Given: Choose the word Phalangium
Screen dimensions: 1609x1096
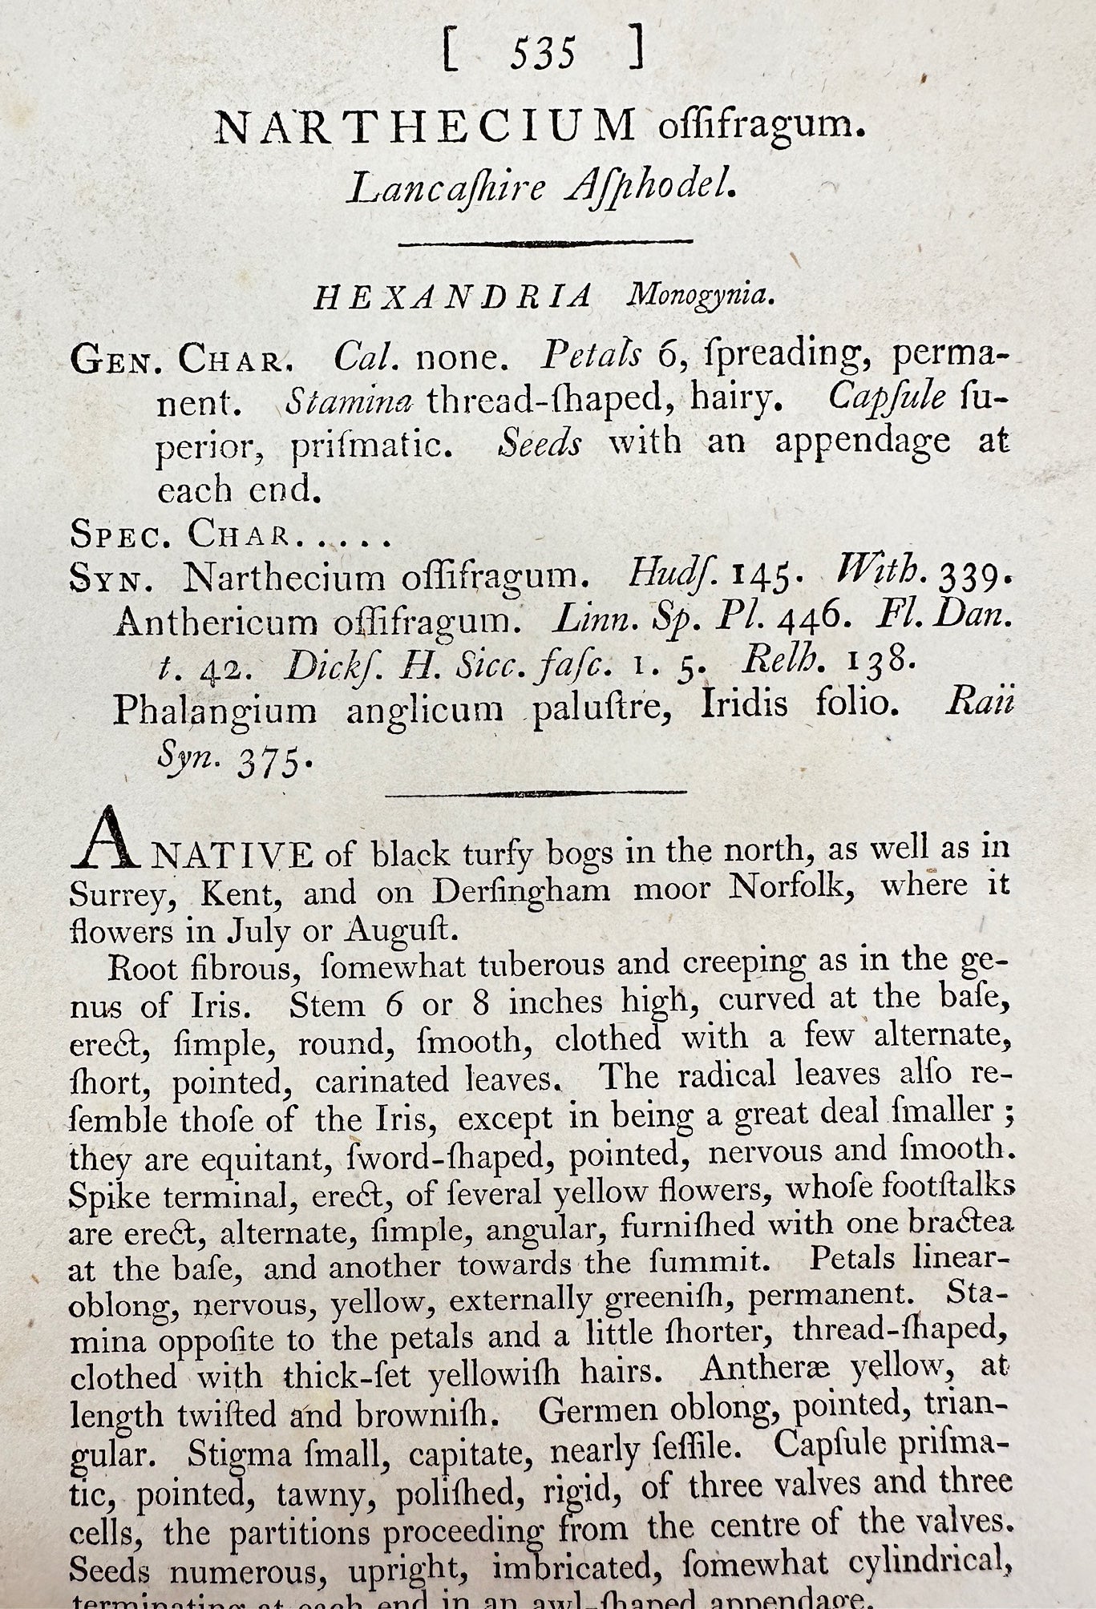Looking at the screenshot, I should pos(216,708).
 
